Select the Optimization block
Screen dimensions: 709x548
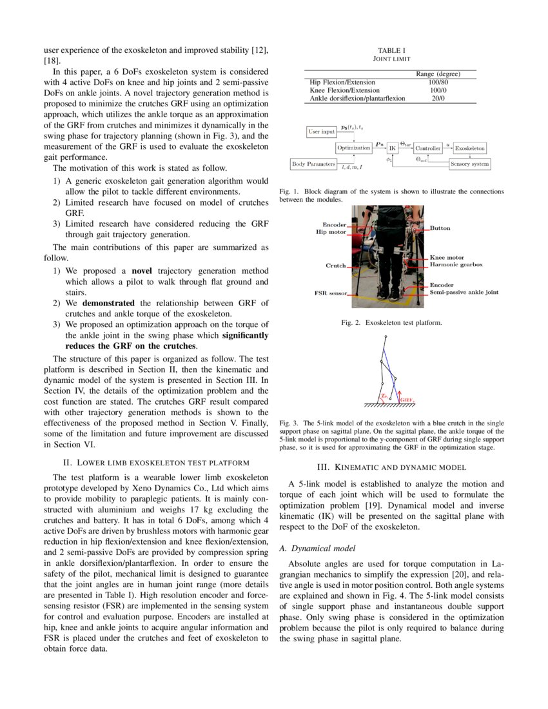pos(354,148)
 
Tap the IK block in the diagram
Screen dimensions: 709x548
pos(392,148)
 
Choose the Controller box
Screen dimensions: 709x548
pos(427,148)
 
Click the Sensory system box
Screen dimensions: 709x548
pos(469,164)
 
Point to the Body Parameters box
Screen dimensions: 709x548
pos(314,164)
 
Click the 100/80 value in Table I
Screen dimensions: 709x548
pos(438,83)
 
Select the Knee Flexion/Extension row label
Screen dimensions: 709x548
pos(345,91)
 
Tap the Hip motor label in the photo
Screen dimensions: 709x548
pos(331,231)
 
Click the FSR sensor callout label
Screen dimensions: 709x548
pos(330,293)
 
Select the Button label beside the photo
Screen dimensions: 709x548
pos(440,228)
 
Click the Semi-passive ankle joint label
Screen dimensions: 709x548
pos(464,292)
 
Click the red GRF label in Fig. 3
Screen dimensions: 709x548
pos(407,400)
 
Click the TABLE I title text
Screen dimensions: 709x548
pos(391,50)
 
